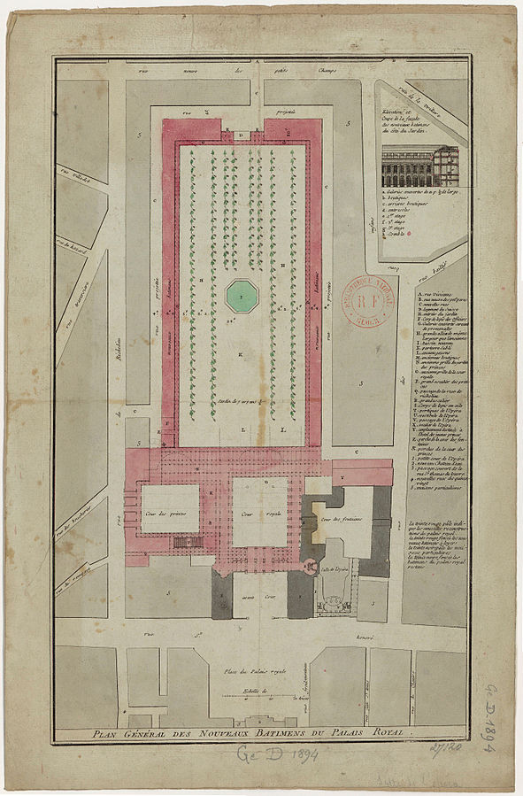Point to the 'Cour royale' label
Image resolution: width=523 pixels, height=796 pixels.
[x=253, y=513]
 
